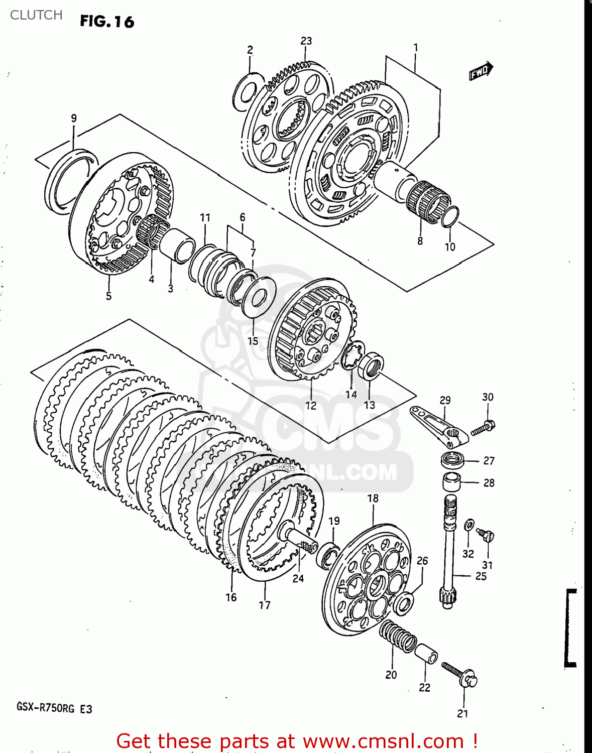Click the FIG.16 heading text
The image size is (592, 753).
(x=107, y=22)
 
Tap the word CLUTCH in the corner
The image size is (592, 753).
(x=36, y=15)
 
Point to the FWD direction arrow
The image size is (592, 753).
(x=481, y=71)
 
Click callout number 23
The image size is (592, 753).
(x=306, y=41)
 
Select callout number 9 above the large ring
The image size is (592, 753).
(x=74, y=118)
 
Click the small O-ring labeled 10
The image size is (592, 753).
(x=450, y=216)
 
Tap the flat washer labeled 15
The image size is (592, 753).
(x=259, y=298)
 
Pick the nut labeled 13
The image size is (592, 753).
(x=372, y=365)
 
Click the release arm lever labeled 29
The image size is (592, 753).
(x=438, y=427)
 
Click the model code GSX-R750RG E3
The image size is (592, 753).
(x=54, y=708)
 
